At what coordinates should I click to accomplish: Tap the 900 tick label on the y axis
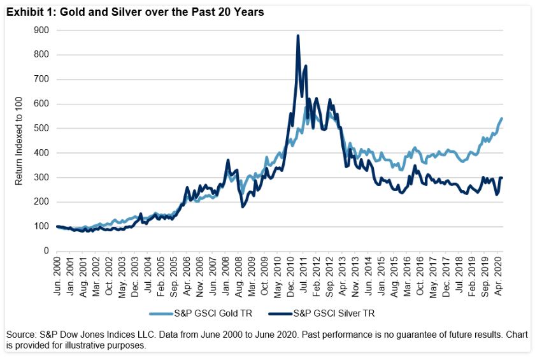(x=42, y=30)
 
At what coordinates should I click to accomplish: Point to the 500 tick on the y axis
(x=42, y=128)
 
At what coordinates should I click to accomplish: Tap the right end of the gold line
(x=501, y=119)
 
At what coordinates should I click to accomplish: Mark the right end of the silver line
(x=501, y=178)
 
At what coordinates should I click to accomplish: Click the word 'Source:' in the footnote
(x=20, y=335)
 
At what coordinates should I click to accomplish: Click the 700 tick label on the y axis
(x=42, y=79)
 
